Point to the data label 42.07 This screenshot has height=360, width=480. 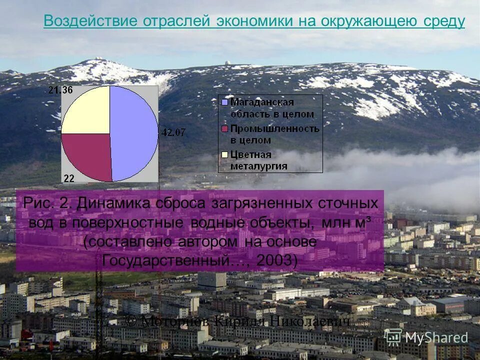click(x=172, y=132)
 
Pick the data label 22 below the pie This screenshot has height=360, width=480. click(x=69, y=178)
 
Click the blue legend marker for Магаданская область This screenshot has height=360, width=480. click(x=224, y=102)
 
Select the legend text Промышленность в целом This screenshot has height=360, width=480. click(x=274, y=134)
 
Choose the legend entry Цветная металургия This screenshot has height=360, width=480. click(x=258, y=160)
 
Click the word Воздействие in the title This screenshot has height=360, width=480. click(x=90, y=21)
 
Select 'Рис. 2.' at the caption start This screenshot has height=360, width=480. click(x=48, y=203)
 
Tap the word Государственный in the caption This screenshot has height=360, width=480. click(x=167, y=260)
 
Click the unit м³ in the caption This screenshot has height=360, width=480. click(x=360, y=222)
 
